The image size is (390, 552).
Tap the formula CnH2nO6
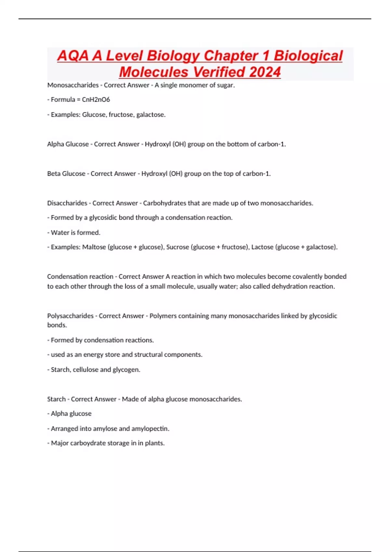[96, 100]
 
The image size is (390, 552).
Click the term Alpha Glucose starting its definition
[68, 144]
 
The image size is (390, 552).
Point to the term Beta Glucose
[66, 174]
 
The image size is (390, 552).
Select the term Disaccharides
[67, 203]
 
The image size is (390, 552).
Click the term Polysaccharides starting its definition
[70, 316]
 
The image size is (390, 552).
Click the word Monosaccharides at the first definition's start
[73, 85]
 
